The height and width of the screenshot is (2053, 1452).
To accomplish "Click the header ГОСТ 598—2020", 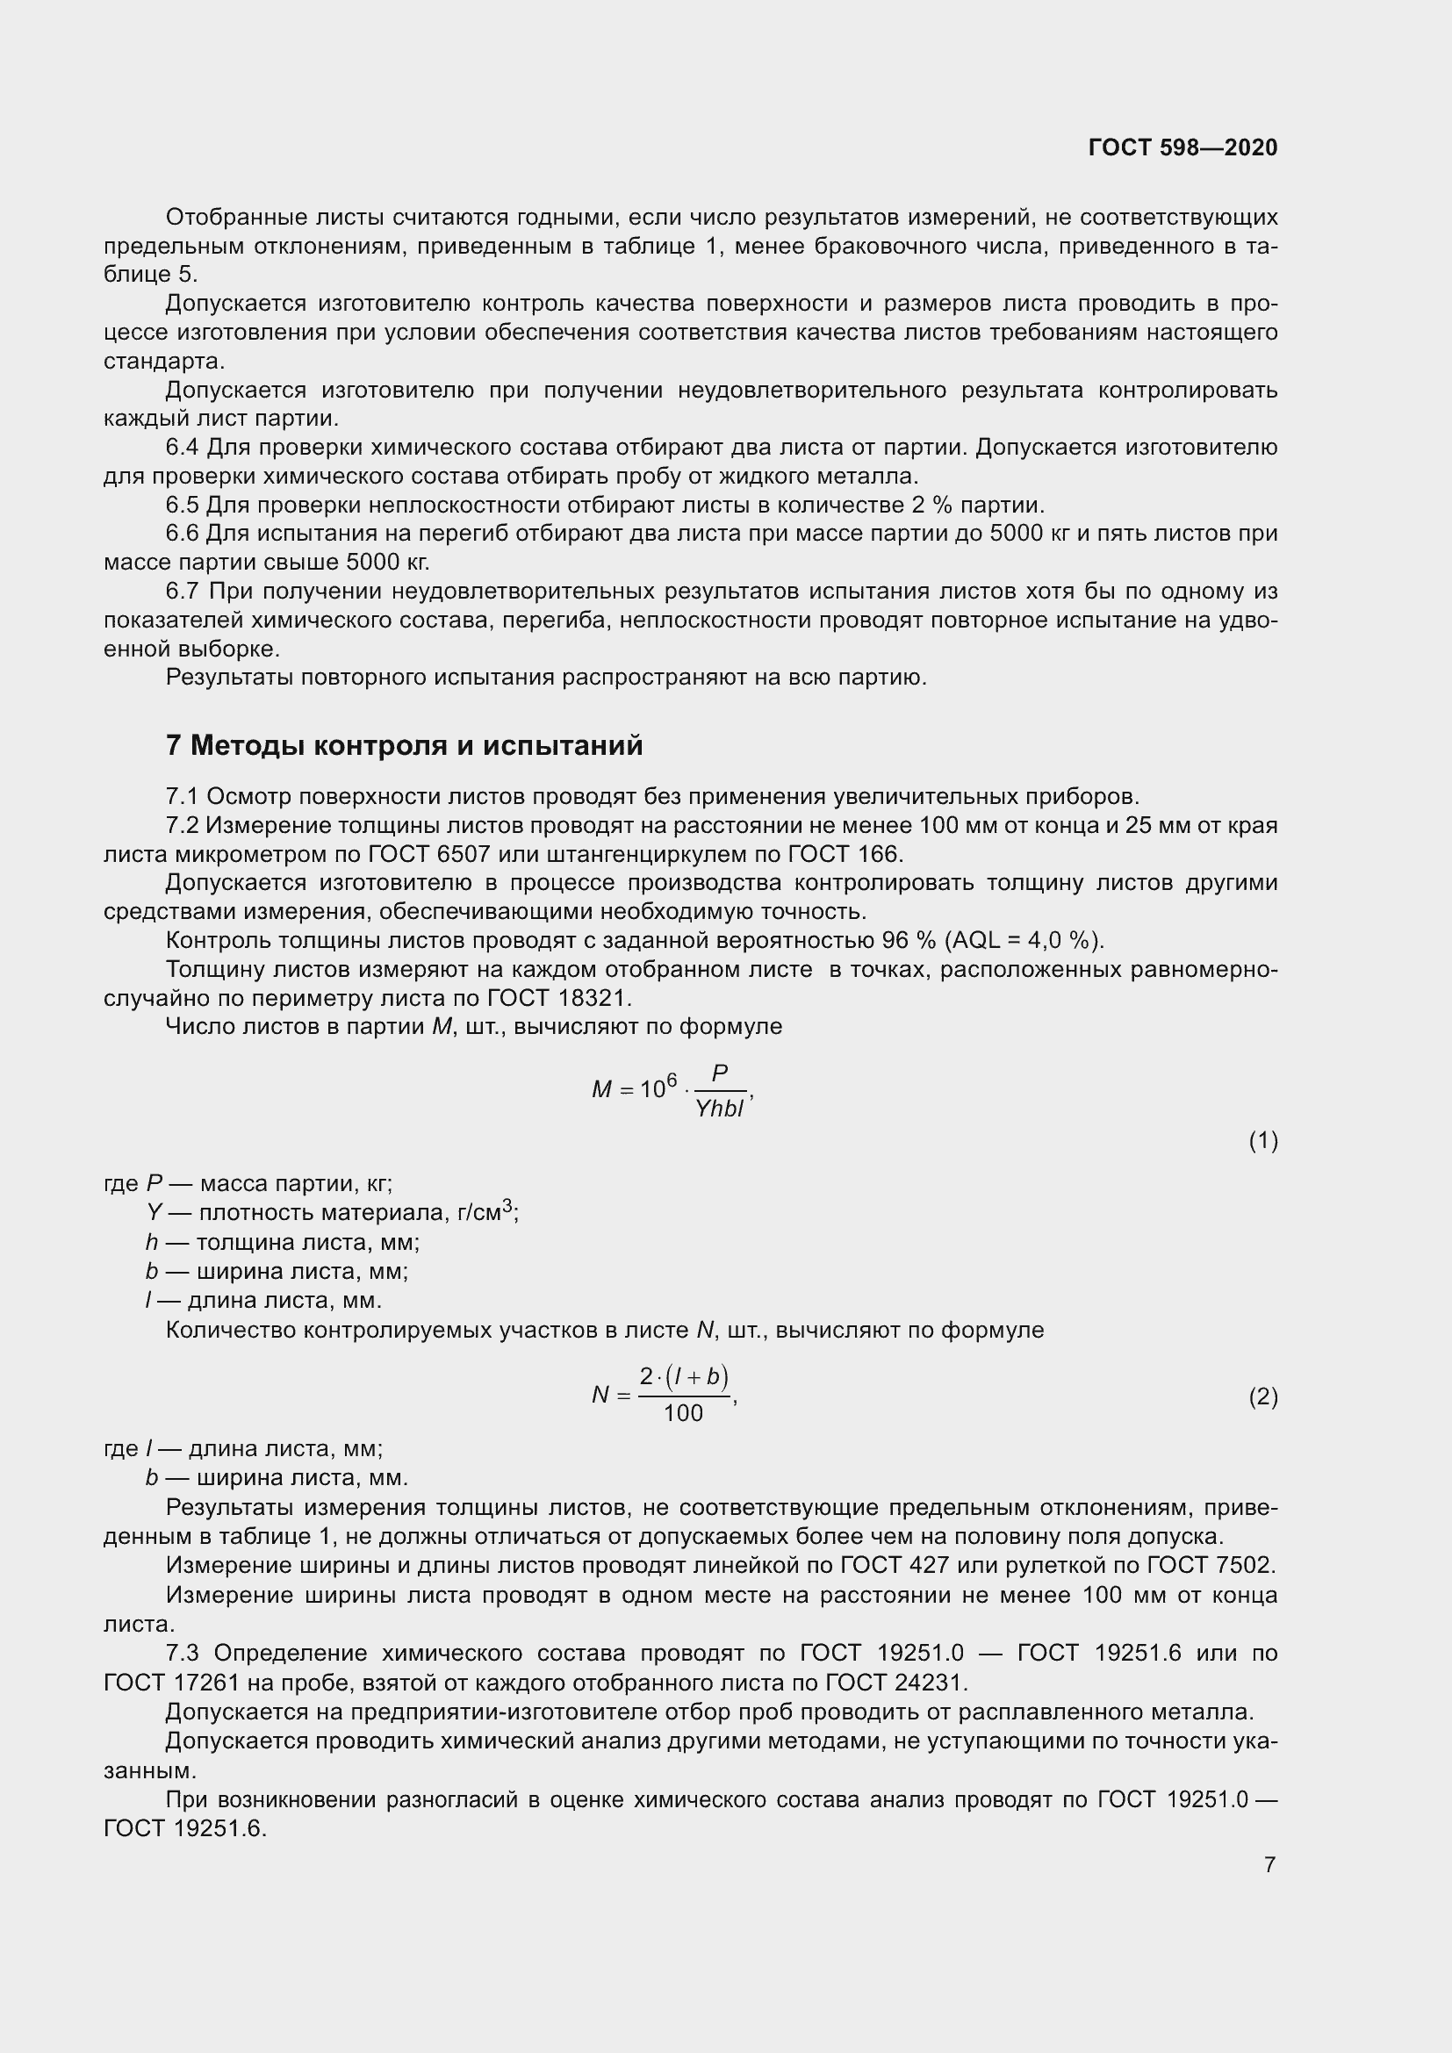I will tap(1182, 147).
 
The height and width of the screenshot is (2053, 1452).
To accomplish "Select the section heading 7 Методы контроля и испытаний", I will tap(404, 745).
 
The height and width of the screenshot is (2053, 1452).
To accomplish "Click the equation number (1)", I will tap(1262, 1141).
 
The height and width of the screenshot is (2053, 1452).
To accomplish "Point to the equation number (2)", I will tap(1262, 1396).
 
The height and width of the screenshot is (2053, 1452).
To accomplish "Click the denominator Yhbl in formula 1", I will tap(720, 1109).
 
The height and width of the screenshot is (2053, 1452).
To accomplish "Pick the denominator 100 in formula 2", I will tap(683, 1413).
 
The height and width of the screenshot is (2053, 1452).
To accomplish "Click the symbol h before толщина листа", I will tap(152, 1242).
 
